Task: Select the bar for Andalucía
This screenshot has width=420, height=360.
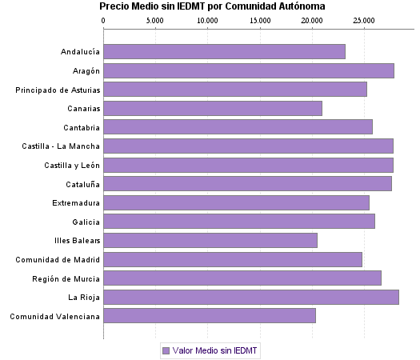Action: pos(224,52)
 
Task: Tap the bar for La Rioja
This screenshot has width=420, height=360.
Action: pos(250,298)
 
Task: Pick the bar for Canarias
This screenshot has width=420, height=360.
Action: pos(213,109)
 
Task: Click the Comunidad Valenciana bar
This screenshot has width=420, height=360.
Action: pos(210,316)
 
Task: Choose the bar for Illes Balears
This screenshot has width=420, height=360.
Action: pos(210,241)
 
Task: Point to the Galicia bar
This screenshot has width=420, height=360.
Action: pos(239,222)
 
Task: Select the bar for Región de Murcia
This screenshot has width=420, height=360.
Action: pos(242,278)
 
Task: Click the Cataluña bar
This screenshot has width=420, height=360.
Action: pos(247,184)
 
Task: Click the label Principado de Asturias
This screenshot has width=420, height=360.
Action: pos(58,90)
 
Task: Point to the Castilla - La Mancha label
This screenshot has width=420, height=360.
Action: pos(62,146)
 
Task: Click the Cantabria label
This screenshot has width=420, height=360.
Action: pos(82,127)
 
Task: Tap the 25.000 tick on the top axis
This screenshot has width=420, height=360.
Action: pos(364,20)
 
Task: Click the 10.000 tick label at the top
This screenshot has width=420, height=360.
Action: pos(207,20)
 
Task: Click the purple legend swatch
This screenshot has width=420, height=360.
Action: pos(166,350)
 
